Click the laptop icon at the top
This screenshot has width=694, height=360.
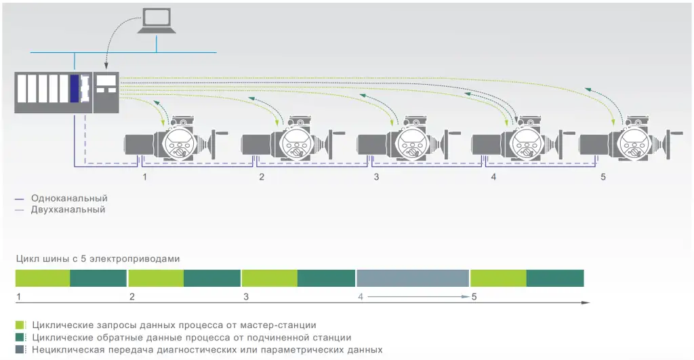(157, 20)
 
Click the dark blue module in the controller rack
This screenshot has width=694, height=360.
(75, 89)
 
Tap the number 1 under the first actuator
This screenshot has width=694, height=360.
(144, 177)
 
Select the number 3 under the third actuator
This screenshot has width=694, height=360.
(376, 177)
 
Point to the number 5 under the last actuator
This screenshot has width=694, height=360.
(603, 177)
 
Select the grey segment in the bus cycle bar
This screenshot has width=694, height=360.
(413, 278)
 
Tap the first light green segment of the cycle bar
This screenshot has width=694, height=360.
(43, 278)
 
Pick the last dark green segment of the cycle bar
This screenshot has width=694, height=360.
(555, 278)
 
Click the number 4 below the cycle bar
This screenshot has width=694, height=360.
(361, 297)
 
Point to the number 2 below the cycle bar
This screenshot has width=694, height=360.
(131, 297)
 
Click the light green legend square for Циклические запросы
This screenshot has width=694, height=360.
(20, 325)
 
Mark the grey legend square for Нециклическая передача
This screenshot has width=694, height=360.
(20, 349)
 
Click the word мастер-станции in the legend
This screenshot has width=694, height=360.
(281, 325)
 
